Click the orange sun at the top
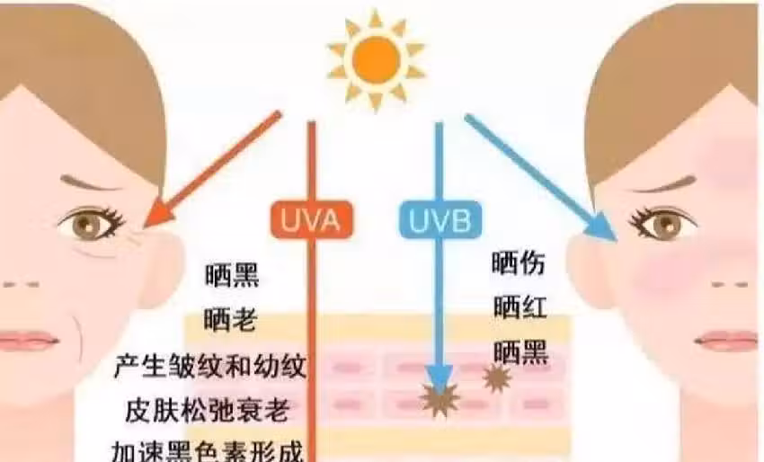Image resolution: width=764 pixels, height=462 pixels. click(376, 60)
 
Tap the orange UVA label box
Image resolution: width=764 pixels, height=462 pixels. click(311, 220)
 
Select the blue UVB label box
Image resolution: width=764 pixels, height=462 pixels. click(440, 220)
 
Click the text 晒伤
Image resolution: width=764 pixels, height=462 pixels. click(518, 263)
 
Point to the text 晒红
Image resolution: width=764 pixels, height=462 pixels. click(520, 307)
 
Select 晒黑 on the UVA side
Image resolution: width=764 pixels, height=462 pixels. click(232, 275)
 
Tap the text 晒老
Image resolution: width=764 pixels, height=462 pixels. click(230, 320)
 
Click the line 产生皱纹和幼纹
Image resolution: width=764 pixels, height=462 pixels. click(210, 366)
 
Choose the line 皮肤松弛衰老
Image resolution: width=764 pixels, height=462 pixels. click(208, 411)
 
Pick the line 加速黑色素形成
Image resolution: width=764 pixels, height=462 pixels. click(208, 451)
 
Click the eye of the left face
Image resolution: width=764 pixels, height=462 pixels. click(91, 224)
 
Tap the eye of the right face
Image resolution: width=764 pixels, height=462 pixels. click(662, 222)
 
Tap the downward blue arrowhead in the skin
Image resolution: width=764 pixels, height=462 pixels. click(439, 378)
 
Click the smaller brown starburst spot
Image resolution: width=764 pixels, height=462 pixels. click(497, 378)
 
